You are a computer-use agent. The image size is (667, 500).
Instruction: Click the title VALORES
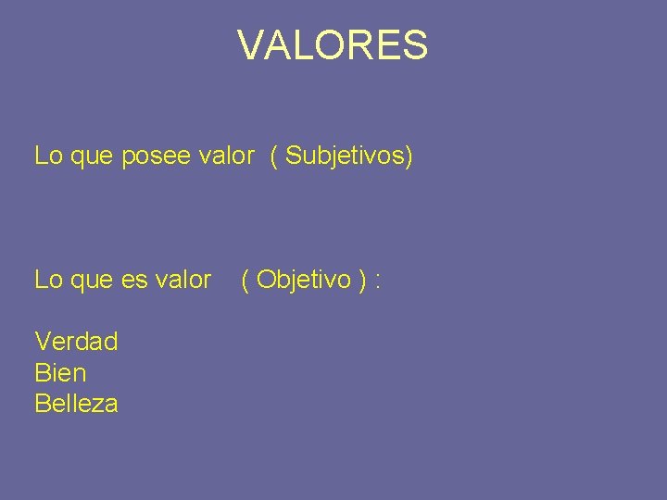[x=333, y=45]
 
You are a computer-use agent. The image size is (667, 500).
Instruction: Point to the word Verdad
[x=76, y=342]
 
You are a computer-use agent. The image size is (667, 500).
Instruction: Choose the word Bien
[x=60, y=373]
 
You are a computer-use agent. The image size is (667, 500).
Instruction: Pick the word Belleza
[x=76, y=404]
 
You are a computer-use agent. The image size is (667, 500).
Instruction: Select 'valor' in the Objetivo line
[x=183, y=280]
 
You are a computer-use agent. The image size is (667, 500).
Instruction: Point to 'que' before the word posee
[x=91, y=157]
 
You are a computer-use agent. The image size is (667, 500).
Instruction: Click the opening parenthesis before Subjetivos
[x=274, y=156]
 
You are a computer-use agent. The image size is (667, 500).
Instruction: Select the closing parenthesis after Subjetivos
[x=409, y=156]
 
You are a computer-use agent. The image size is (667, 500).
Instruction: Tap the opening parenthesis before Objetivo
[x=245, y=281]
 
